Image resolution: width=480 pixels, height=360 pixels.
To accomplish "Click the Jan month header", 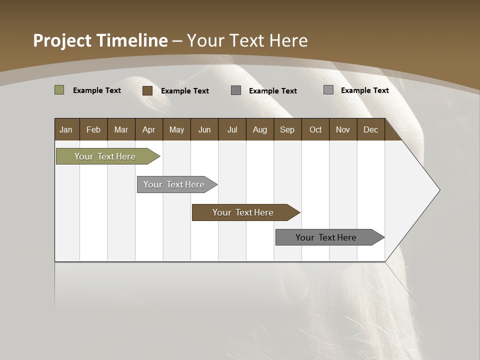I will tap(66, 129).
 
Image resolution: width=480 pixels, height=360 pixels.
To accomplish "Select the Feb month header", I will tap(93, 129).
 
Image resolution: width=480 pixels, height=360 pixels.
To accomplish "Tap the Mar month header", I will tap(121, 129).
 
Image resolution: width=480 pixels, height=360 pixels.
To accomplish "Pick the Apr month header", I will tap(149, 129).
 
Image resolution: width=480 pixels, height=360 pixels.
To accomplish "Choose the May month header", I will tap(176, 129).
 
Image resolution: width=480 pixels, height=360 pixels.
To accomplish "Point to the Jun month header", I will tap(204, 129).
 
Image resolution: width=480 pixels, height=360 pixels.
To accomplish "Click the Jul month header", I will tap(232, 129).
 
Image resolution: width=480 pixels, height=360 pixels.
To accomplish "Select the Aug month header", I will tap(260, 129).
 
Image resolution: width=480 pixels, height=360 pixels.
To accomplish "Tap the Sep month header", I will tap(287, 129).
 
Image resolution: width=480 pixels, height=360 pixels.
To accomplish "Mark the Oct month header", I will tap(315, 129).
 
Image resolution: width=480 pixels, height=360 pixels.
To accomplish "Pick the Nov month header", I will tap(343, 129).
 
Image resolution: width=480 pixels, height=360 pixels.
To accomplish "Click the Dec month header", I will tap(370, 129).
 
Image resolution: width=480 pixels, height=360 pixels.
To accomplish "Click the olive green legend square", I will tap(59, 90).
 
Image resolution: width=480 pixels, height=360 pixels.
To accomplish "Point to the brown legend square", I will tap(147, 90).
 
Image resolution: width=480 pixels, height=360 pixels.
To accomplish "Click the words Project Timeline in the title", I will tap(100, 40).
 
